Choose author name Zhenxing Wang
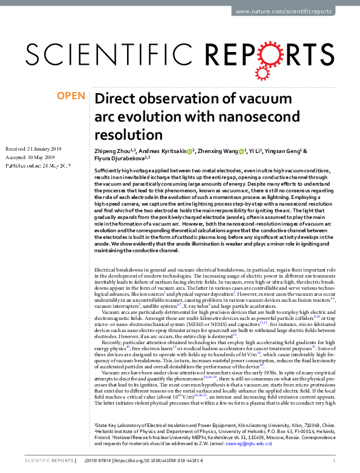pyautogui.click(x=220, y=151)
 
